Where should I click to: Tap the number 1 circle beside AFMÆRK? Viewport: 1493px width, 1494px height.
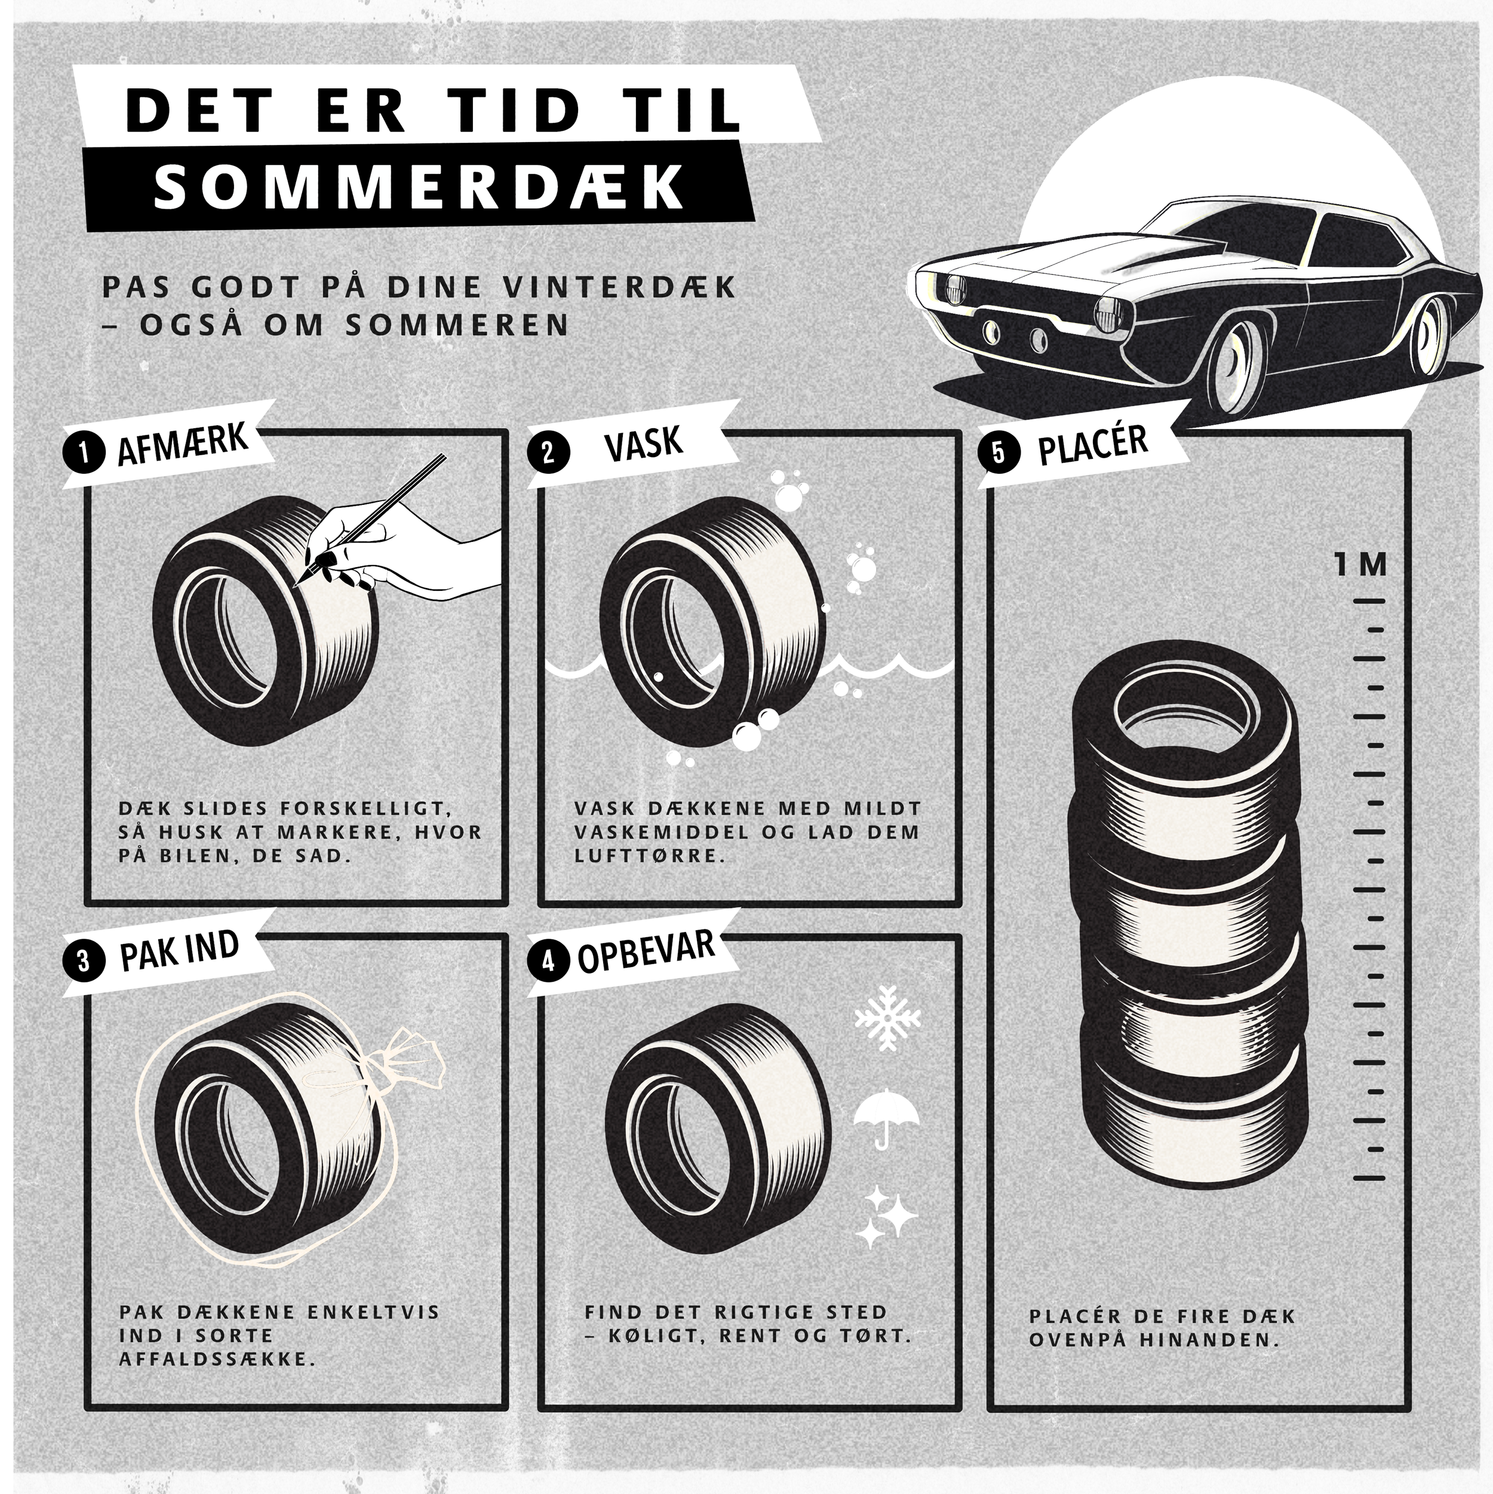coord(84,452)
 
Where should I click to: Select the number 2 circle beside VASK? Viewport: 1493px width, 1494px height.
coord(548,452)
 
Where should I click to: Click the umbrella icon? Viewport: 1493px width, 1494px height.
coord(886,1116)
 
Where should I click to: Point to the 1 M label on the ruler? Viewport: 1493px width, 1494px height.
coord(1360,565)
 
